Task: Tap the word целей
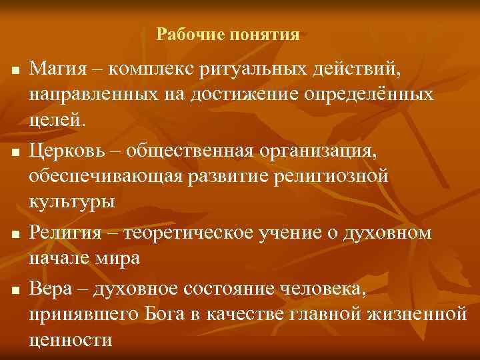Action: [57, 121]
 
